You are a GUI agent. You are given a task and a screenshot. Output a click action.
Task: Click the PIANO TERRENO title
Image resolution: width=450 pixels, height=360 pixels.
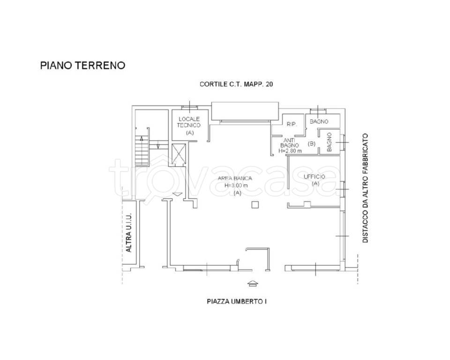[82, 66]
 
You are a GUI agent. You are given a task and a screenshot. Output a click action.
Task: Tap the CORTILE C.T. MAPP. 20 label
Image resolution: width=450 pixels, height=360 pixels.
[236, 85]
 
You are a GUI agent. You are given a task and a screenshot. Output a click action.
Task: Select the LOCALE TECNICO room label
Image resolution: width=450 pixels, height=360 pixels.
[189, 122]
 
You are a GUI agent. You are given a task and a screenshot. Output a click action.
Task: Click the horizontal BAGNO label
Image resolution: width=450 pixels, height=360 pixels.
[318, 121]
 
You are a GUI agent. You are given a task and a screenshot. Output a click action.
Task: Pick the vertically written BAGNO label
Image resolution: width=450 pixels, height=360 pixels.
[330, 142]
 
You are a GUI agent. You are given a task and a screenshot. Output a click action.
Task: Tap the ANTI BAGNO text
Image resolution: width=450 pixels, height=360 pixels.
[290, 142]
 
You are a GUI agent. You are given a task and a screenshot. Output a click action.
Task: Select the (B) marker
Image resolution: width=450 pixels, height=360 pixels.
[311, 144]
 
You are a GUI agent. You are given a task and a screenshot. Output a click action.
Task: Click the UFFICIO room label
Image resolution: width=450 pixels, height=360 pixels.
[315, 176]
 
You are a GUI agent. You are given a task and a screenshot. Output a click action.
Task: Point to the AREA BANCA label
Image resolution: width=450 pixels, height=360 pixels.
[235, 178]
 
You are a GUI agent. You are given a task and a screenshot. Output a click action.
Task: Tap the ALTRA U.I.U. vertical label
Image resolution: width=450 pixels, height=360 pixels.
[129, 233]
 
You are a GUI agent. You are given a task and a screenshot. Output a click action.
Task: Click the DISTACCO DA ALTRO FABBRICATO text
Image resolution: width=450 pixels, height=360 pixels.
[365, 188]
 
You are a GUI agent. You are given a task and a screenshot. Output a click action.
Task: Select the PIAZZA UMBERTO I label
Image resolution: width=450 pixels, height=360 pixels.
[237, 301]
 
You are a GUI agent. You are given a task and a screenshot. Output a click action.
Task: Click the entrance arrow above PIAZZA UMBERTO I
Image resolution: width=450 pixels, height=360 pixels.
[252, 283]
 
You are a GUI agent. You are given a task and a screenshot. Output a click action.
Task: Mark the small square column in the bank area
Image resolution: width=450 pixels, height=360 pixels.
[255, 204]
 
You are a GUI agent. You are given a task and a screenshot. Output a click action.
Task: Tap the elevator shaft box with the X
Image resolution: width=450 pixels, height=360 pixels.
[179, 154]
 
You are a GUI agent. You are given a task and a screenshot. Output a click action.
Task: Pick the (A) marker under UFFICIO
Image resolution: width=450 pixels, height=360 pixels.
[315, 184]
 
